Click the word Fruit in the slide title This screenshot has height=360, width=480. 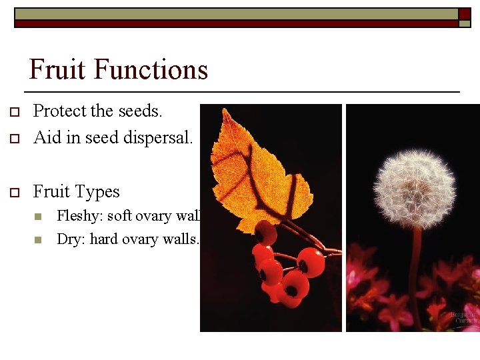(58, 70)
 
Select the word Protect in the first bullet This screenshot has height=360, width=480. (57, 111)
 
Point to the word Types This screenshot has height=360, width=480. (97, 192)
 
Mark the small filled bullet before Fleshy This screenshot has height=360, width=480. (38, 217)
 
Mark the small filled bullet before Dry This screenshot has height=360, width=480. (38, 240)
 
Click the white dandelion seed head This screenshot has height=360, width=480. (414, 189)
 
